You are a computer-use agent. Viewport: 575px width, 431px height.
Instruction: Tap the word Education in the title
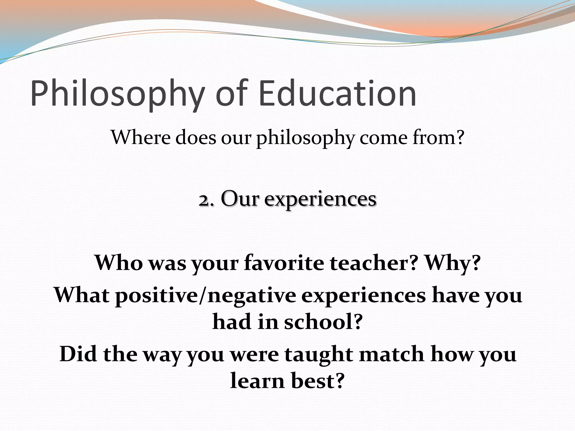tap(337, 93)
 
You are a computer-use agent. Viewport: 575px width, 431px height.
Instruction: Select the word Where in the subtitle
tap(140, 137)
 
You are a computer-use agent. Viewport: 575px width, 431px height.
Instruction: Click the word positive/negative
tap(206, 296)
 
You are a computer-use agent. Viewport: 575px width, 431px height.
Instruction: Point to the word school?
tap(323, 322)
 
